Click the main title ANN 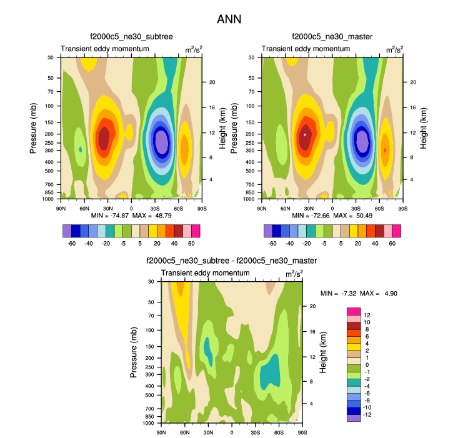point(229,19)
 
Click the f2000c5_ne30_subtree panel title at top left point(131,38)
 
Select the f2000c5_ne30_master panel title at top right point(332,38)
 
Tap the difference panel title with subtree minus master point(231,260)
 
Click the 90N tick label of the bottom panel point(161,432)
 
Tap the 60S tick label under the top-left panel point(178,207)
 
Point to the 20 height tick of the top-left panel point(212,82)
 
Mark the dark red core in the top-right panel point(305,134)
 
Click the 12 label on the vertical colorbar point(367,315)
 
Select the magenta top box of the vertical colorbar point(353,311)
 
